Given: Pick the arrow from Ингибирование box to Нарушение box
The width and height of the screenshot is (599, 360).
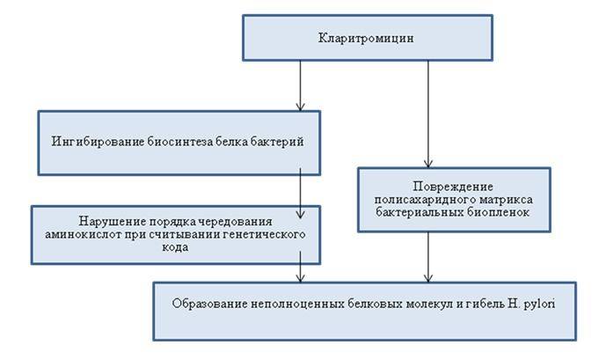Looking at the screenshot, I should pyautogui.click(x=301, y=194).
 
